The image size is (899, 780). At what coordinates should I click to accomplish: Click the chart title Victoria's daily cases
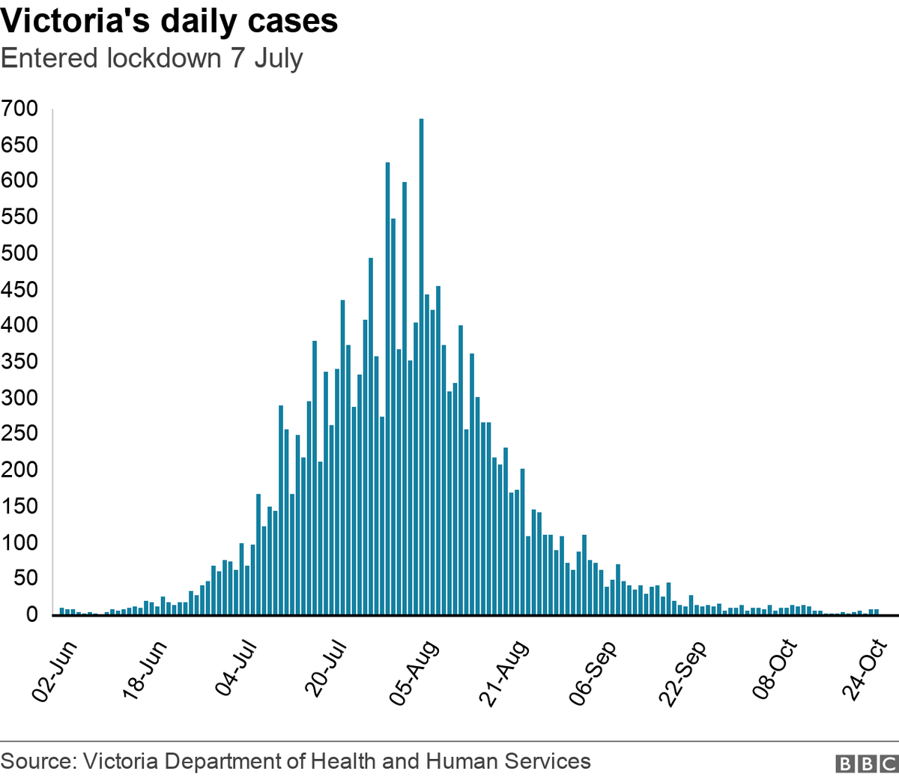169,21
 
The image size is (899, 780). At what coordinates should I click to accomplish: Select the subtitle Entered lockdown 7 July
152,58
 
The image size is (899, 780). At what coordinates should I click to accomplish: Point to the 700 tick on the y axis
19,109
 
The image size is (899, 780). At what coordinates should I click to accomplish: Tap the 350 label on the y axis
19,361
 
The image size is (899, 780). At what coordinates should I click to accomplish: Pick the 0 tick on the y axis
31,614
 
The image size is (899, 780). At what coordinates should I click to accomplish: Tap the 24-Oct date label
864,671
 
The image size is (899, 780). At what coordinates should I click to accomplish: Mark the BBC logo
866,764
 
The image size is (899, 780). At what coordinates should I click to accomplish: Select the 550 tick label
19,217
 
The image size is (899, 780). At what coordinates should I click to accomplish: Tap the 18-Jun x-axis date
145,671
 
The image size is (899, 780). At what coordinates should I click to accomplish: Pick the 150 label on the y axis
19,506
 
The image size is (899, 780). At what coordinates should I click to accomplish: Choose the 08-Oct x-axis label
775,671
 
